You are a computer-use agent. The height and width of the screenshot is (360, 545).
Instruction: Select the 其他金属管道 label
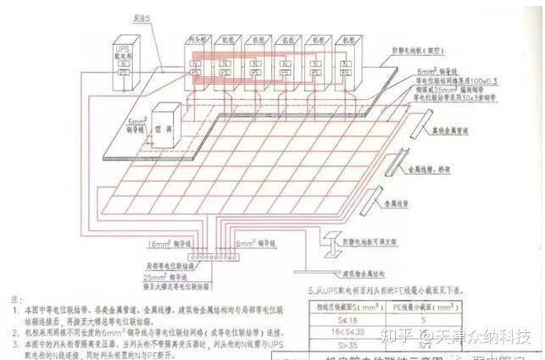click(462, 133)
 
